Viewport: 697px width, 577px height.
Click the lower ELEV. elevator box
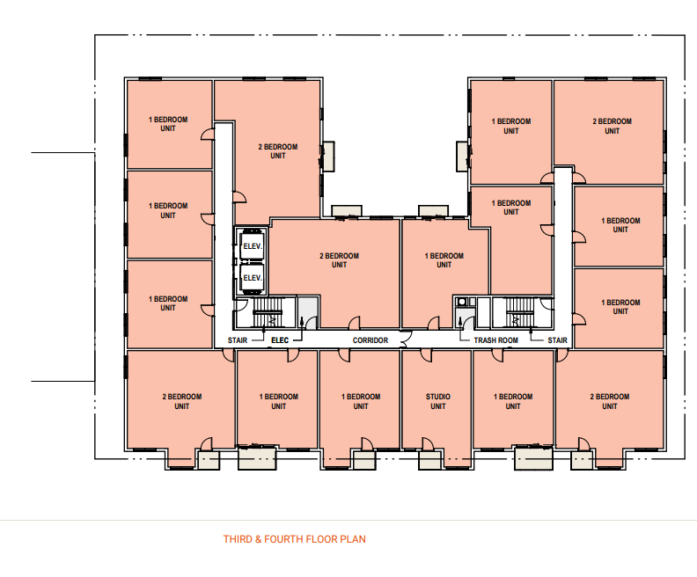(252, 278)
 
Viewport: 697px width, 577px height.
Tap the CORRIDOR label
(371, 340)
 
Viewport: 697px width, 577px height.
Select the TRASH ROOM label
(495, 340)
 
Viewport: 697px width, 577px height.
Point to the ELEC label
(280, 340)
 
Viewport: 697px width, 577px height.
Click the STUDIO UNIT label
(438, 401)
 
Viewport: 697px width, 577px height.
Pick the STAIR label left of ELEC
(238, 340)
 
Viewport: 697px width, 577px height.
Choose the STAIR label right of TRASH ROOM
(557, 340)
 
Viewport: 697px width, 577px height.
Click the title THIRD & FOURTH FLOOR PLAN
(294, 539)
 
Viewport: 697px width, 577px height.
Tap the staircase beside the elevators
(268, 312)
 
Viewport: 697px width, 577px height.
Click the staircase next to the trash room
(516, 312)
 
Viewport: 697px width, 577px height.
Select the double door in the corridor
(406, 340)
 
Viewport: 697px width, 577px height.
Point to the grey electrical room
(308, 313)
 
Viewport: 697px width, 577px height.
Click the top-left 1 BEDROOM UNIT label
(167, 124)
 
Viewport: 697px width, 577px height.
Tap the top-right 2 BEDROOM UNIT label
(612, 126)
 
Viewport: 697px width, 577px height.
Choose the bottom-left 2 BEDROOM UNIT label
(182, 401)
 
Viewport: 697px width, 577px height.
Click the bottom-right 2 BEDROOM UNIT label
(609, 401)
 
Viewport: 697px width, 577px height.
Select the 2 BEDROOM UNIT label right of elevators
(339, 260)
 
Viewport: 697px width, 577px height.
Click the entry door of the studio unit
(426, 355)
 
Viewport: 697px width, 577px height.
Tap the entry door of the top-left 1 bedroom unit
(208, 134)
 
